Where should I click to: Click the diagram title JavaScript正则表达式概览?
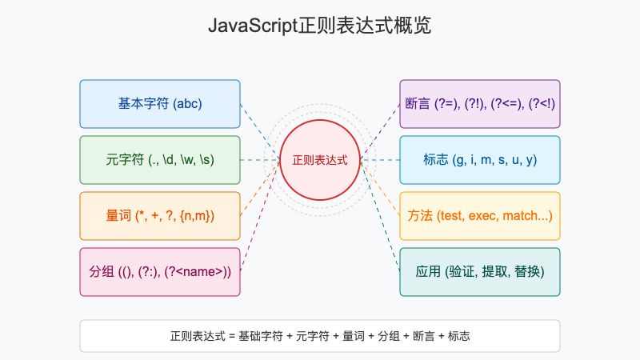tap(320, 26)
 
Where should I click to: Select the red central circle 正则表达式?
tap(320, 160)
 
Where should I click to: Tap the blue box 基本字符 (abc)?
tap(160, 104)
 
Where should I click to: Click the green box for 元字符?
tap(160, 160)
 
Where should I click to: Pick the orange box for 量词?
tap(160, 216)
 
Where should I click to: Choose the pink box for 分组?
tap(160, 272)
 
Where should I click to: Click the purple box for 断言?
tap(480, 104)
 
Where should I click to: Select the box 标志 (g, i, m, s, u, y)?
tap(480, 160)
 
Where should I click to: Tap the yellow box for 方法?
tap(480, 216)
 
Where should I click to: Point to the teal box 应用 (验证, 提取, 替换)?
tap(480, 272)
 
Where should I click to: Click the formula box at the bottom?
tap(320, 336)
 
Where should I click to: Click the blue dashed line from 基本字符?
tap(260, 132)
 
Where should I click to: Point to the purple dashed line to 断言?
tap(380, 132)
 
